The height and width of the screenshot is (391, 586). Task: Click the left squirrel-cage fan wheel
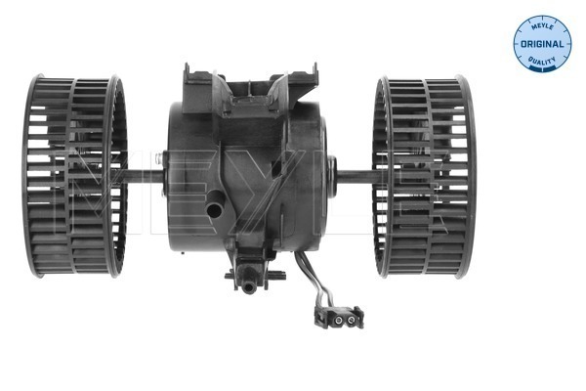click(75, 175)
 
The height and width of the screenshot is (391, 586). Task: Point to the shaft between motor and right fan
click(355, 176)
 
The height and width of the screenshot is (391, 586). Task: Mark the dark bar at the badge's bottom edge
click(541, 70)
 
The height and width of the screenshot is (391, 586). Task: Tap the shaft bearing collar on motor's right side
click(330, 176)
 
